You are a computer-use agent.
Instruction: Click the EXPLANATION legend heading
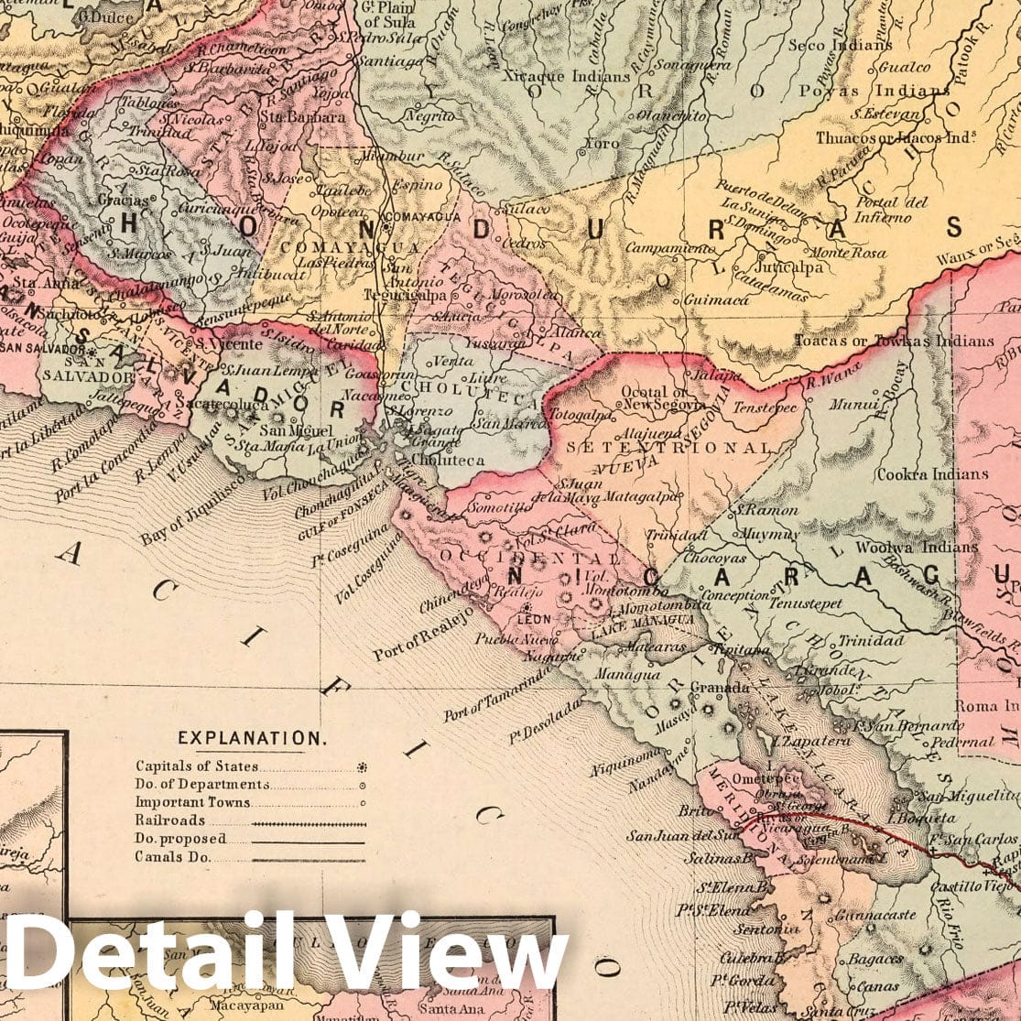[250, 738]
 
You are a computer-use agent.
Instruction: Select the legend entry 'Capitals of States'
[197, 766]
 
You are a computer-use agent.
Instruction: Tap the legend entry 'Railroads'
[169, 820]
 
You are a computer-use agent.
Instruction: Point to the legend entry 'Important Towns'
[192, 802]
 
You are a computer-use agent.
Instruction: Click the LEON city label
[535, 619]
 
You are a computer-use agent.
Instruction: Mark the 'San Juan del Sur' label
[681, 835]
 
